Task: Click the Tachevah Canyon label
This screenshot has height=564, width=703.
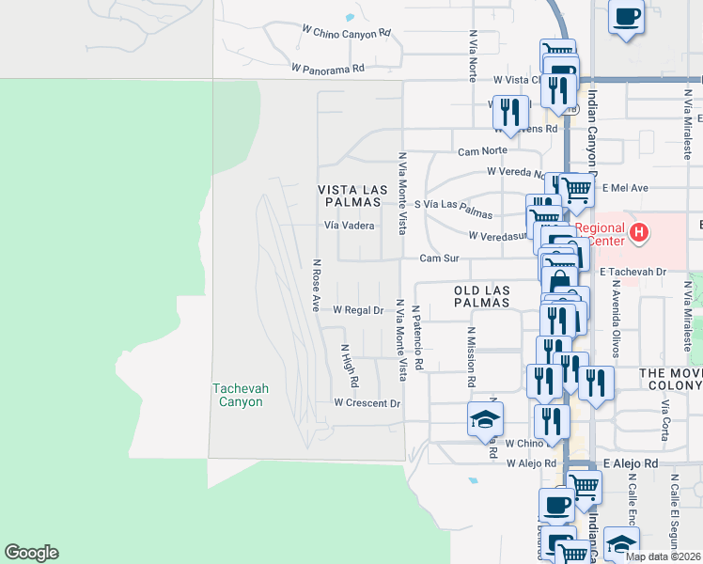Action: [237, 395]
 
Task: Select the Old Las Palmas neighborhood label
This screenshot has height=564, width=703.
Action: [481, 297]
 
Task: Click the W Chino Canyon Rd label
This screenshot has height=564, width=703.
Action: [346, 33]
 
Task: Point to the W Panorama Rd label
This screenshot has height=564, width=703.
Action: [327, 69]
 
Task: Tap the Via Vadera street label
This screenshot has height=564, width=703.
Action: [350, 226]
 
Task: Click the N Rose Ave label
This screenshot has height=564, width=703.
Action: [317, 286]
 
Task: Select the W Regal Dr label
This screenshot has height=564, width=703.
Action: [358, 310]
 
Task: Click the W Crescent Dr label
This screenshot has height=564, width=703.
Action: [367, 403]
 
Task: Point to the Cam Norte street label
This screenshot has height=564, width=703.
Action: [482, 150]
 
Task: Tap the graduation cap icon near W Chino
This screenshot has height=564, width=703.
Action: [485, 418]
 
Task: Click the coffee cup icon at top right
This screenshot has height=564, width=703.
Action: [626, 16]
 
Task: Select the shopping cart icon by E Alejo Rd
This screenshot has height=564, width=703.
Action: [585, 486]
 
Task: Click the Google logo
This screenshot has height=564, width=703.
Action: [31, 553]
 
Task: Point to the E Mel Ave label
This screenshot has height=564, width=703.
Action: [624, 188]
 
